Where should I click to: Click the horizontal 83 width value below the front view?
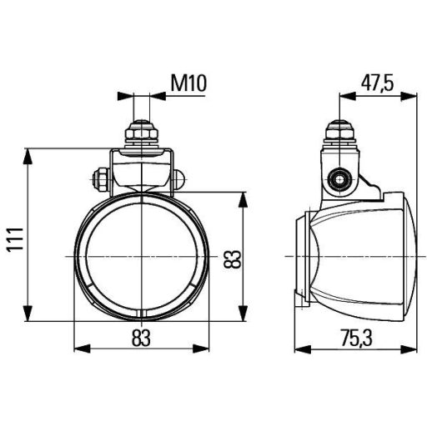(x=141, y=337)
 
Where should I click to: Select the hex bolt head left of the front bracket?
(x=99, y=177)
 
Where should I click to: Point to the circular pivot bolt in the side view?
(x=339, y=178)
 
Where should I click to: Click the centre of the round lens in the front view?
(x=141, y=255)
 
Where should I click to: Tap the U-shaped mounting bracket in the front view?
(x=141, y=171)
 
